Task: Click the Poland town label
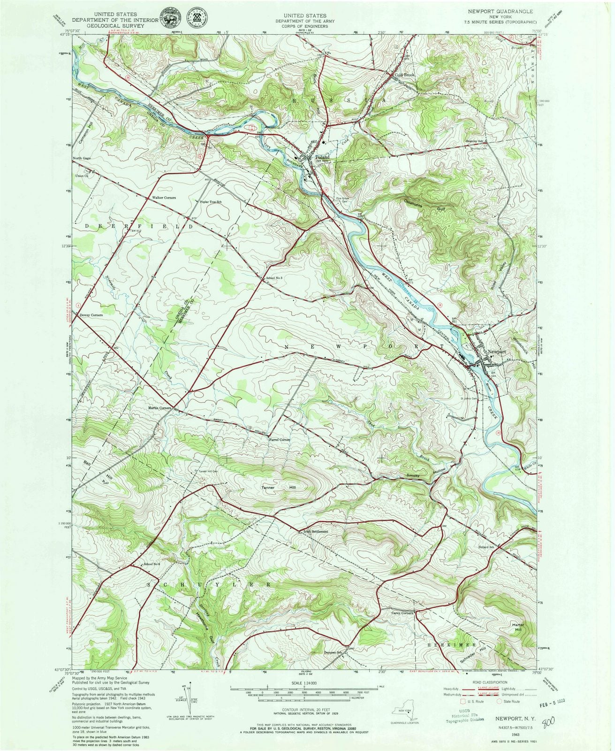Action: pyautogui.click(x=321, y=157)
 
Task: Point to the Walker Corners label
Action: pyautogui.click(x=163, y=198)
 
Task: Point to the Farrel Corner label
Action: pyautogui.click(x=280, y=440)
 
